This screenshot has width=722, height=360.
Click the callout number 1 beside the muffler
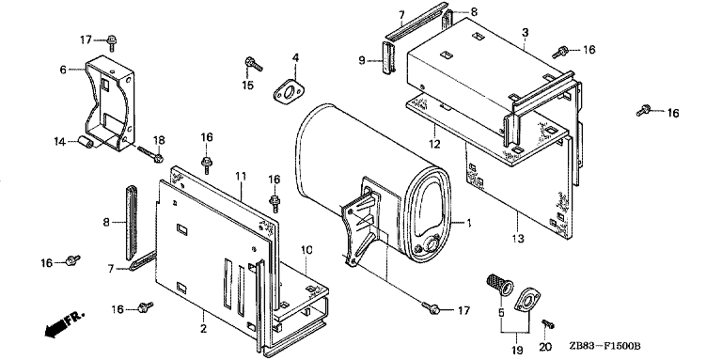coord(469,224)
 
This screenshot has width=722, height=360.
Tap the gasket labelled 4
coord(288,91)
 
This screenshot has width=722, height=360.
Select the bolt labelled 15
coord(253,65)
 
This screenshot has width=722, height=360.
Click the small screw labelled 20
coord(548,324)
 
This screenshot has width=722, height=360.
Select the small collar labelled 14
coord(85,141)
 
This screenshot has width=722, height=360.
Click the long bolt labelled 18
coord(150,153)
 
